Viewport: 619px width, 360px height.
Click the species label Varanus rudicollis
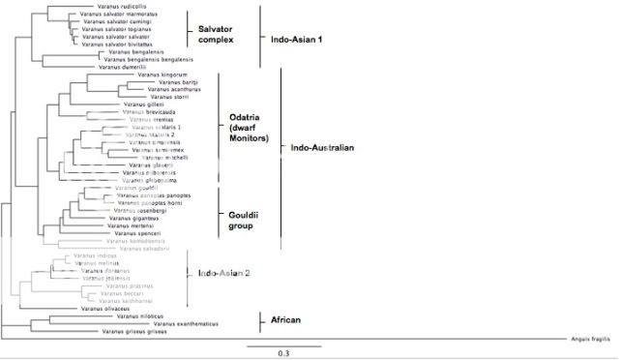(88, 7)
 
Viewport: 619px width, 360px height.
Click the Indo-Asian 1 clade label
(300, 40)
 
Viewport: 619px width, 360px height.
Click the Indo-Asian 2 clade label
(224, 274)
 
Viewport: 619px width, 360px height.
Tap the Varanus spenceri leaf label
(135, 233)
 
